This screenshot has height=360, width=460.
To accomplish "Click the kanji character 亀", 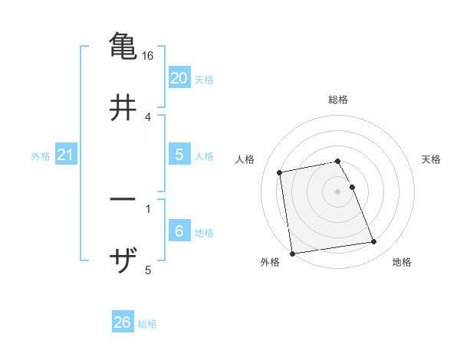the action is click(123, 47).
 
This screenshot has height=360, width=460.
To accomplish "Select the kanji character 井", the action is click(123, 108).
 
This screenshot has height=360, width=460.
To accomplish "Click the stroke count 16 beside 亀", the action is click(149, 56).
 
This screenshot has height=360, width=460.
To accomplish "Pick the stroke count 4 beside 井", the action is click(148, 117).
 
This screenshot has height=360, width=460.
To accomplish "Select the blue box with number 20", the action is click(179, 78).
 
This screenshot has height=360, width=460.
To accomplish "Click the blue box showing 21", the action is click(65, 155).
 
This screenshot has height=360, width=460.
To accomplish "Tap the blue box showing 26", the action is click(122, 322).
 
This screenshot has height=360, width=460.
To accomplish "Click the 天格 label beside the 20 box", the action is click(204, 80).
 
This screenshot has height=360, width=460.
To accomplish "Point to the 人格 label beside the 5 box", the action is click(204, 156).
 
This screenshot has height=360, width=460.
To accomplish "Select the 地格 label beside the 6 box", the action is click(204, 233).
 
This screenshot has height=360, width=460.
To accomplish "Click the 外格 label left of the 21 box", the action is click(41, 156).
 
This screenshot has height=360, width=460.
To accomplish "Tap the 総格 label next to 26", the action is click(147, 324).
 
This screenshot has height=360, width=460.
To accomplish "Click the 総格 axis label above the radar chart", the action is click(338, 100).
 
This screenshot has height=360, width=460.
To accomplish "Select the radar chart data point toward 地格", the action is click(374, 242).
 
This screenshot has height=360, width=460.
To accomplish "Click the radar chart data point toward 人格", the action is click(280, 172).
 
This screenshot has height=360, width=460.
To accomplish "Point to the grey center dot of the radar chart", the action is click(338, 191).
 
